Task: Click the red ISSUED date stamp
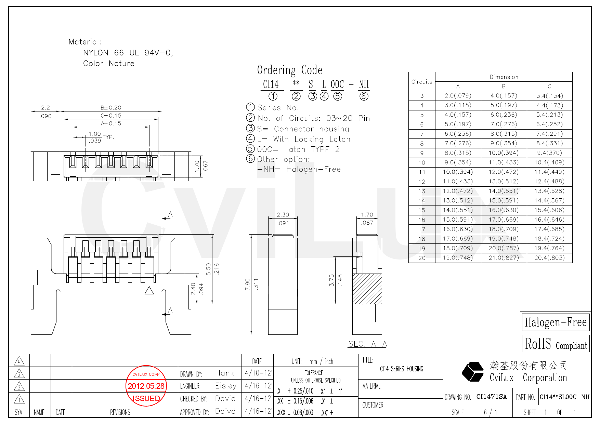coord(146,386)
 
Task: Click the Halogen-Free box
coord(556,322)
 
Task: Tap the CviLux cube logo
coord(473,372)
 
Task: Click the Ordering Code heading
coord(289,70)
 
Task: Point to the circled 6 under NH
coord(364,96)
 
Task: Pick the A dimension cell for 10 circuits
coord(458,162)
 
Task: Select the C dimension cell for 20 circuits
coord(549,258)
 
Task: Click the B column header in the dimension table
coord(504,86)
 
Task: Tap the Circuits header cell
coord(422,82)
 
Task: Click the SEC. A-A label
coord(367,344)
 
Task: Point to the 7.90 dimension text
coord(248,284)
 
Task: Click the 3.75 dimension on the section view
coord(331,280)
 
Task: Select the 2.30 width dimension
coord(283,215)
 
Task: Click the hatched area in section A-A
coord(367,289)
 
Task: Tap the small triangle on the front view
coord(149,291)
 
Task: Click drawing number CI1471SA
coord(492,397)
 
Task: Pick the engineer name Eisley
coord(226,386)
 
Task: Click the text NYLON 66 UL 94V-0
coord(128,53)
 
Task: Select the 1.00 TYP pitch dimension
coord(95,134)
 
